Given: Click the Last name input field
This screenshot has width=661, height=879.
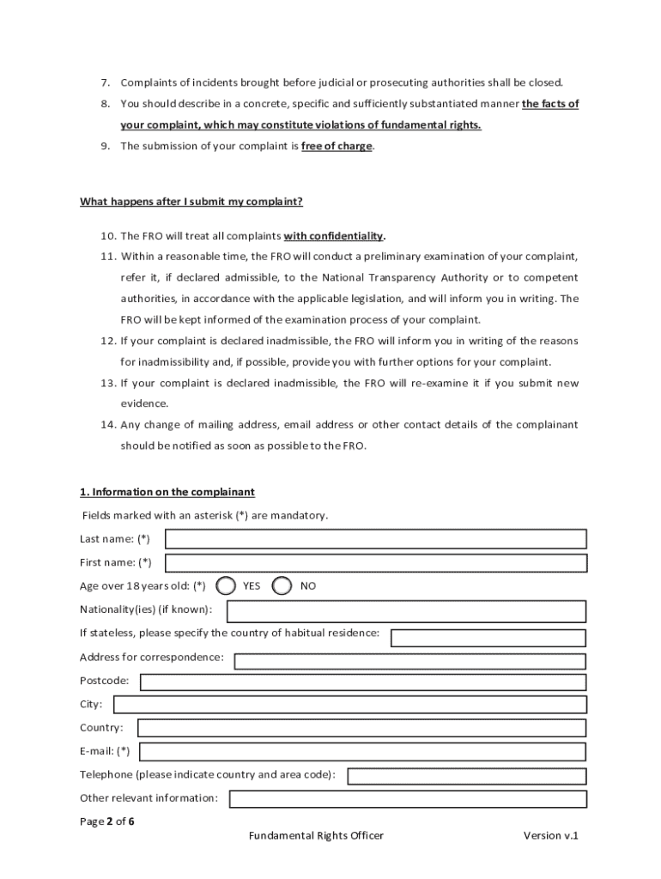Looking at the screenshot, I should [x=375, y=539].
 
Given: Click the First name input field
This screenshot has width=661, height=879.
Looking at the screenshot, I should [x=375, y=563].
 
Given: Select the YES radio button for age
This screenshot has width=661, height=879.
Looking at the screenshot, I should [x=226, y=585].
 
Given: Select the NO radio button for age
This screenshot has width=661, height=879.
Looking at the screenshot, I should [x=282, y=585].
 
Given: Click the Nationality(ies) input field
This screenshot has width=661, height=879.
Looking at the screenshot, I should [x=406, y=611].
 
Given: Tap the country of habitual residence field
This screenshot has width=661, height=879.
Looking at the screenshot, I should [x=488, y=638].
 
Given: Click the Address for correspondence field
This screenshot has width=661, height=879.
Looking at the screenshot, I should [x=410, y=661].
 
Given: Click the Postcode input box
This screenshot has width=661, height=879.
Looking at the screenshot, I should [x=363, y=682].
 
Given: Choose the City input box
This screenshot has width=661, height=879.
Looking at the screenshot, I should [x=350, y=705].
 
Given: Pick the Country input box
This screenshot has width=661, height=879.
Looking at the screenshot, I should [x=361, y=728].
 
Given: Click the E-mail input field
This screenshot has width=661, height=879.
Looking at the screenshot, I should [x=363, y=752].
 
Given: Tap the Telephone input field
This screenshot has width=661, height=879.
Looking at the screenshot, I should [x=466, y=776].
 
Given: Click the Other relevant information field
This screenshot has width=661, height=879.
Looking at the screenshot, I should [x=408, y=799].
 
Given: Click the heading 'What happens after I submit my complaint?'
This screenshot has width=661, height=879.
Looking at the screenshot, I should [x=191, y=202].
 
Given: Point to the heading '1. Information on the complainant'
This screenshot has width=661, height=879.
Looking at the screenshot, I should [x=167, y=492].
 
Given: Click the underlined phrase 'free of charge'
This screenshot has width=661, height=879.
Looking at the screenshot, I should [x=337, y=146].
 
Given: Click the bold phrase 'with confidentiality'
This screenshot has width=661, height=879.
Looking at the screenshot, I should [x=334, y=236].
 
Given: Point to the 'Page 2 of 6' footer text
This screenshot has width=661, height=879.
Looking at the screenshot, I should [x=107, y=821].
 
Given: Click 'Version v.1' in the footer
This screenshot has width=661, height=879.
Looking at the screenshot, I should [x=551, y=836].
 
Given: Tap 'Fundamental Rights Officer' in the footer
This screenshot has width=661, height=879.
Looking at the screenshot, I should [x=316, y=836].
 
